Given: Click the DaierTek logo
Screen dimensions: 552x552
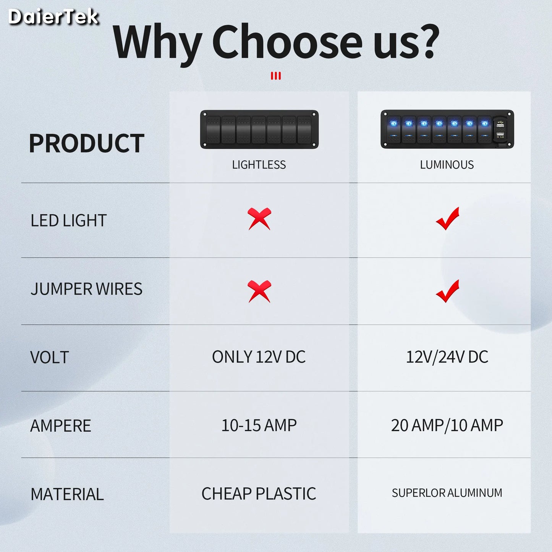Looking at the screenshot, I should coord(53,17).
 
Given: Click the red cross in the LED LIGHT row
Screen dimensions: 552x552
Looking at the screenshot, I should coord(259,219).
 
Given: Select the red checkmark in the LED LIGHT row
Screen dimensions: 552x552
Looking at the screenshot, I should coord(447,219).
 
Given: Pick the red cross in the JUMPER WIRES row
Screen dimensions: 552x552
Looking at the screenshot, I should coord(259,291).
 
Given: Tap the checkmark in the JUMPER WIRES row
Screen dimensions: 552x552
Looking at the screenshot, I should coord(447,291).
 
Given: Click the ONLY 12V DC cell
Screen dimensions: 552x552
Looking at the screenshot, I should coord(259,357).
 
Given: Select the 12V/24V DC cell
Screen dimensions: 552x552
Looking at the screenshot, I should coord(447,357).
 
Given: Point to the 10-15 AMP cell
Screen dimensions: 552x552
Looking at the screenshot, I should coord(259,425).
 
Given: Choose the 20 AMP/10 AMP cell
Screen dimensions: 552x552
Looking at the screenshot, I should coord(447,425).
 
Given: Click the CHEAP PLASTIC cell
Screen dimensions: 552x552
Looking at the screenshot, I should coord(259,494).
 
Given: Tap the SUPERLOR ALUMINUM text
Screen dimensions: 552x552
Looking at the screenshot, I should coord(447,493).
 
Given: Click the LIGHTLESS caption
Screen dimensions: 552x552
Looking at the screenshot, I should coord(259,165).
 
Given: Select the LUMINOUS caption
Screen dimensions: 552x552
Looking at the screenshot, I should coord(447,165).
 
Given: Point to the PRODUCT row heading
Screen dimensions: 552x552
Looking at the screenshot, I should coord(87,144).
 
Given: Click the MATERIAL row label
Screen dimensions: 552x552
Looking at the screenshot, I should coord(67,494).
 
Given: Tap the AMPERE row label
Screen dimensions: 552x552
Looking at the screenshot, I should coord(61,426).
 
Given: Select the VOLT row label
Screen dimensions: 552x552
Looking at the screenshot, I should coord(50,358).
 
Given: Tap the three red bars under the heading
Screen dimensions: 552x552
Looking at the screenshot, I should coord(276,76).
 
